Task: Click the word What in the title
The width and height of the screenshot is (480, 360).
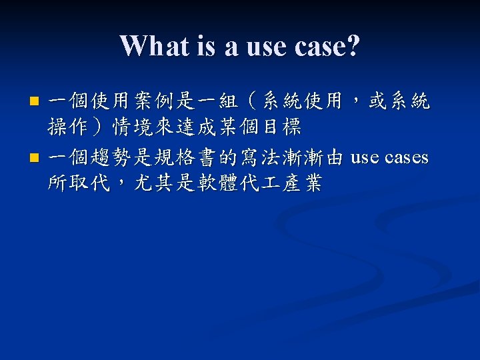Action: coord(155,45)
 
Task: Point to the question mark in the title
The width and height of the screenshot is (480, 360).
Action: coord(353,45)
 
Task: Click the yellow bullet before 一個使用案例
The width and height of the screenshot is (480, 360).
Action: coord(34,101)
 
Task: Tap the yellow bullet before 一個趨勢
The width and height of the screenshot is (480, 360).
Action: coord(34,157)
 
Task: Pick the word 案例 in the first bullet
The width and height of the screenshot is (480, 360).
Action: coord(144,101)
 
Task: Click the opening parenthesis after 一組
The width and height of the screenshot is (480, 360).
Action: coord(252,101)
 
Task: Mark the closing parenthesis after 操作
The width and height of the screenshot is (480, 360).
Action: coord(97,127)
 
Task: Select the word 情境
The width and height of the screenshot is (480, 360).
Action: coord(133,127)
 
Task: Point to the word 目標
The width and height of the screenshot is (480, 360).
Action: coord(282,127)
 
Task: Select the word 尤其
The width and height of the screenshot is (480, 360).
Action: coord(154,183)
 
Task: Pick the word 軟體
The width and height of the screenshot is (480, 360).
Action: coord(217,183)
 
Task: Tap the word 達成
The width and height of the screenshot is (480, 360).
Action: coord(197,127)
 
